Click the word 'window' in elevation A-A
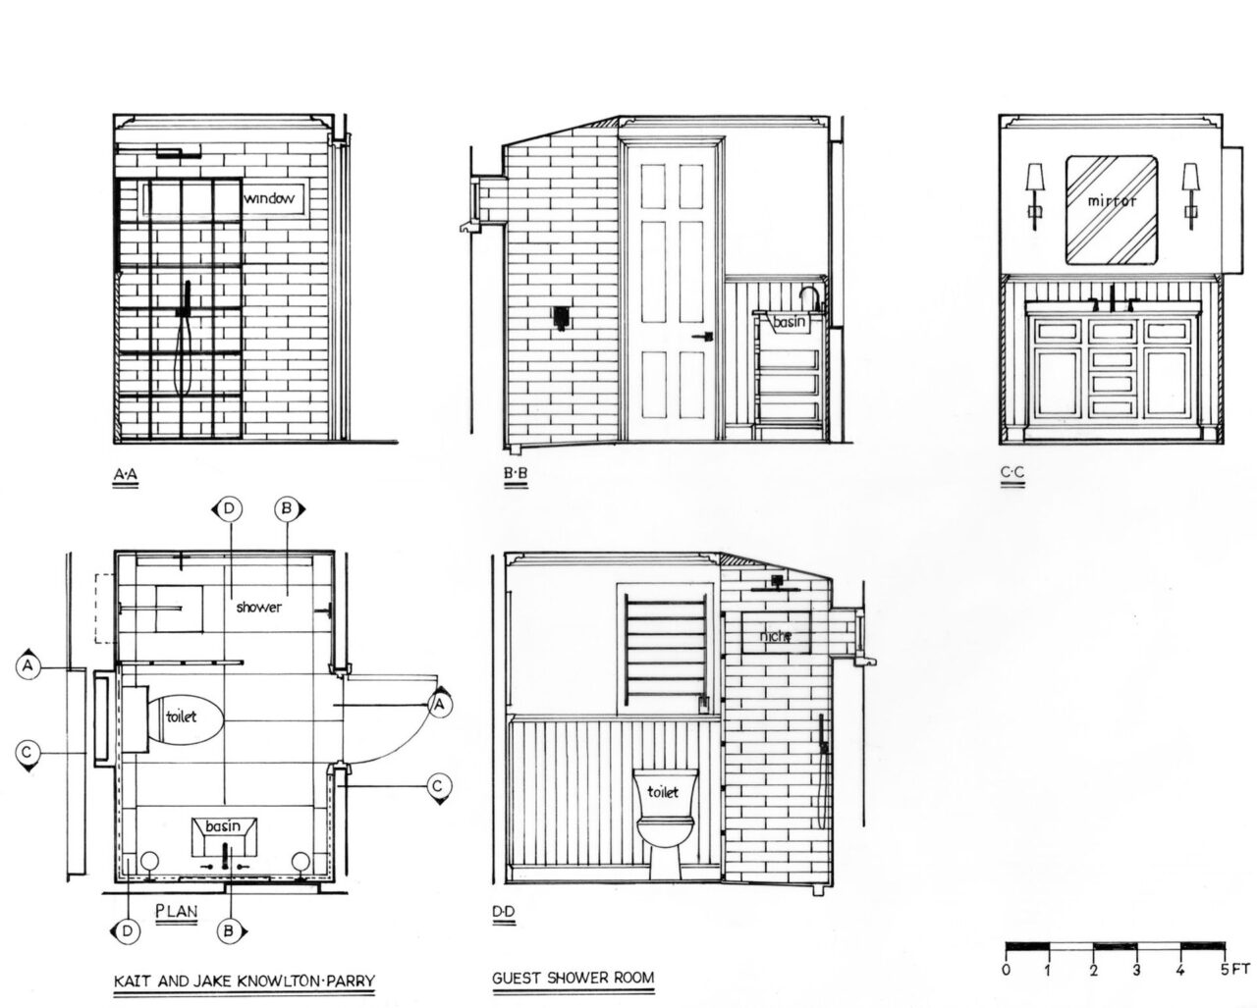click(269, 198)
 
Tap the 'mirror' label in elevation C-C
click(1112, 201)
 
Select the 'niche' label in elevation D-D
click(775, 635)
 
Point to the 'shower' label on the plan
click(258, 607)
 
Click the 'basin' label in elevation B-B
click(790, 321)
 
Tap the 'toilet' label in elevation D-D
click(663, 792)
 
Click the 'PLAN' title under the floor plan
click(177, 911)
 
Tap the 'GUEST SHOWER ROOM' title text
click(573, 978)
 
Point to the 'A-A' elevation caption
click(125, 474)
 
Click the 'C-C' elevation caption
click(1012, 472)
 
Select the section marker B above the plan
click(288, 509)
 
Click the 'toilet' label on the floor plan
click(181, 716)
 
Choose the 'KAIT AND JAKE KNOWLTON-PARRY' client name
click(244, 981)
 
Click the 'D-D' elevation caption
click(504, 911)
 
